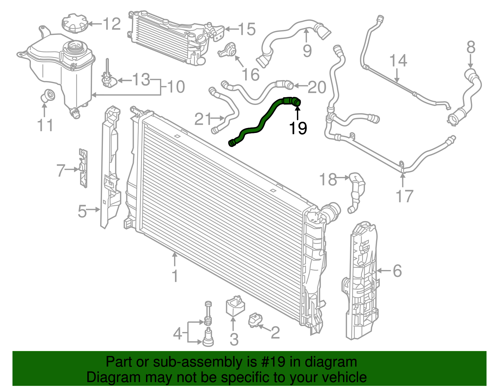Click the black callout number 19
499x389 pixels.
(x=298, y=128)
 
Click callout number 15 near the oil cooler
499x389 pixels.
(x=247, y=29)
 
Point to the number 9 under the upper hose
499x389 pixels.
(x=307, y=50)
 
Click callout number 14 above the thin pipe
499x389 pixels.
(x=398, y=61)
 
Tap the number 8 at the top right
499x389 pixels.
(x=471, y=48)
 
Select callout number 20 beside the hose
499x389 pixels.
(x=317, y=87)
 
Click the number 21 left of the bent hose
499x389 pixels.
(x=203, y=119)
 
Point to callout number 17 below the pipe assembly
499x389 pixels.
(x=404, y=196)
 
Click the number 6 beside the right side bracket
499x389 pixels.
(x=397, y=271)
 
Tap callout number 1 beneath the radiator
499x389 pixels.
(x=175, y=276)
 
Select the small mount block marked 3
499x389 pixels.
(x=235, y=306)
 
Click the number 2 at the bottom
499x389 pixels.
(x=275, y=333)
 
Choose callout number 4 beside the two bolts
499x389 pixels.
(x=177, y=334)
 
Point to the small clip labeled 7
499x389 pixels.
(x=83, y=168)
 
